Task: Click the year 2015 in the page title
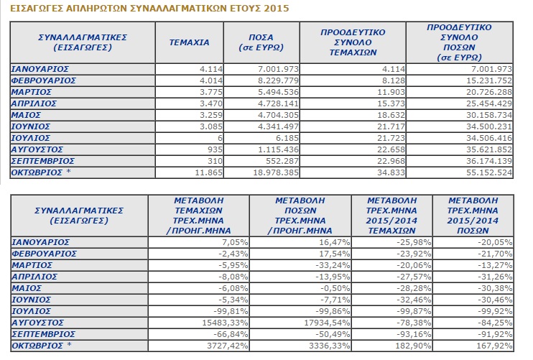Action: point(276,8)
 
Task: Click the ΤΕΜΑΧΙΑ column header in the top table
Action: point(190,42)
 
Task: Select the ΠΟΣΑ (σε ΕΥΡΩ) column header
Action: point(261,42)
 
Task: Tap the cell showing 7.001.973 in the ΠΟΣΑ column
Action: point(278,69)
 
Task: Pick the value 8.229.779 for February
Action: point(278,80)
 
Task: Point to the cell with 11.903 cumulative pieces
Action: point(391,92)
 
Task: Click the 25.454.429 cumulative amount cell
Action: point(488,103)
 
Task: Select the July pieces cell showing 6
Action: point(220,138)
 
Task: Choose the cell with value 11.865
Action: point(209,172)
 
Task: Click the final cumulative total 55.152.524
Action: point(488,172)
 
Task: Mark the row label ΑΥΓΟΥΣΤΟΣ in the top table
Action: point(37,149)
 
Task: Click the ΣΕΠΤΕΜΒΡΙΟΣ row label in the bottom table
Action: point(43,334)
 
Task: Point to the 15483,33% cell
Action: point(225,323)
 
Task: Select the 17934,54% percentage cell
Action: point(327,323)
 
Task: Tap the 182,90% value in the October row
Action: point(413,346)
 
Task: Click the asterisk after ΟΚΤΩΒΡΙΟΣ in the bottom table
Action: point(70,344)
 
